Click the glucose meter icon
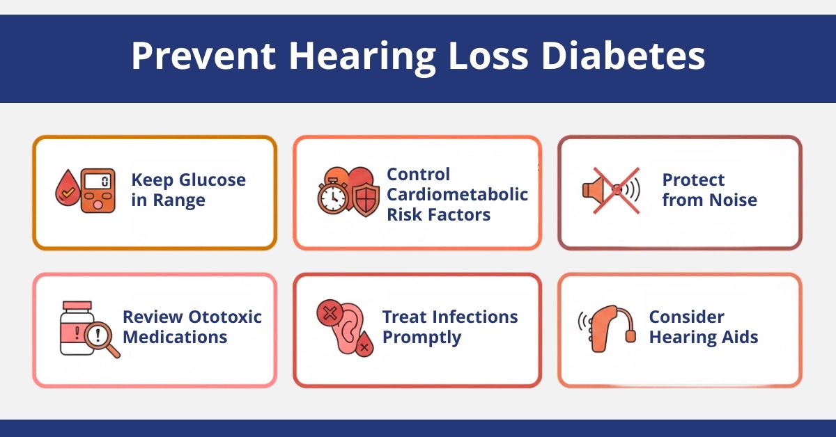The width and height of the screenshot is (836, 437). click(98, 190)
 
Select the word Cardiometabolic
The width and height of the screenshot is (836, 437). click(457, 194)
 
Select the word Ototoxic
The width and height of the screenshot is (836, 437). click(225, 317)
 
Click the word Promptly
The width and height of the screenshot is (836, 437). click(421, 337)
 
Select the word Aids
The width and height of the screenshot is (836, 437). click(739, 337)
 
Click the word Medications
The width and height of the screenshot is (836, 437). click(175, 337)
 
